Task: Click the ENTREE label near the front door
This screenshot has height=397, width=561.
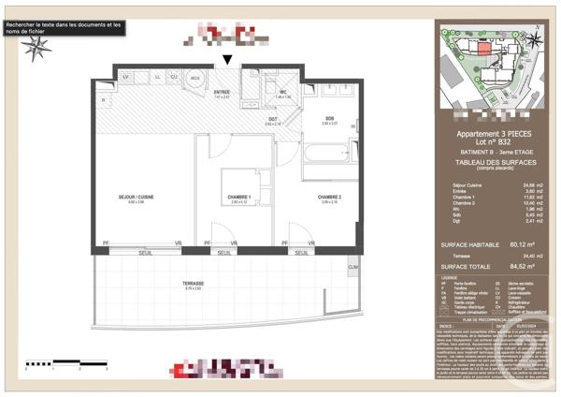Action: tap(222, 92)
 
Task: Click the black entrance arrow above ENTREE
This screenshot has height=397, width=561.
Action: tap(228, 61)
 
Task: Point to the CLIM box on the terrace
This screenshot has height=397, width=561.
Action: tap(352, 268)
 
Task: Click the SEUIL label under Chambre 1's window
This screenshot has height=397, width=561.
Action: tap(223, 252)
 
